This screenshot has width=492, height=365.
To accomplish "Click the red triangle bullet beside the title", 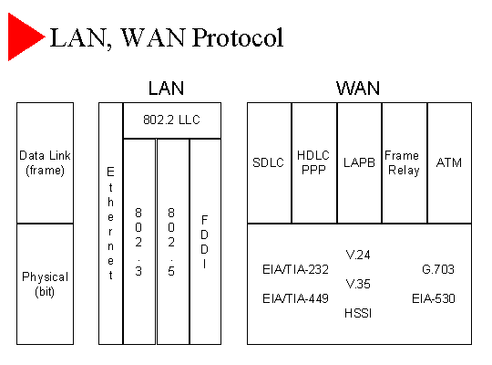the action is coord(24,36).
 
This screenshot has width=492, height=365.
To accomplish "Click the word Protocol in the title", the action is coord(238,37).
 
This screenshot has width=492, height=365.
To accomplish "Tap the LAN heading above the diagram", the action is coord(166,88).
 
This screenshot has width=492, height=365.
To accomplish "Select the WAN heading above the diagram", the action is coord(358,88).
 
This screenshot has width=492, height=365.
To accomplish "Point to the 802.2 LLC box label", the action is coord(171,120).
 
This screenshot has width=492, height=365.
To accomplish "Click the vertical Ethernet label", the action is coord(110,224).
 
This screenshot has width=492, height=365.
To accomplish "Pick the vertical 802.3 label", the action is coord(138,242).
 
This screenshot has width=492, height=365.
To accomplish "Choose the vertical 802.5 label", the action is coord(171,242).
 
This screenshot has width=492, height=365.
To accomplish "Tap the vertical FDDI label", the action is coord(204,242).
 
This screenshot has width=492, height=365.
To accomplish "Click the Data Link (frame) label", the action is coord(45,162).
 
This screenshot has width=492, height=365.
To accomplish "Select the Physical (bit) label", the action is coord(45,284).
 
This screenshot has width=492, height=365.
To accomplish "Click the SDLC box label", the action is coord(268,162).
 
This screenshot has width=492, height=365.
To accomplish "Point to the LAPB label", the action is coord(359,162).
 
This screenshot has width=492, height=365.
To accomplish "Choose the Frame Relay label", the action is coord(403,162).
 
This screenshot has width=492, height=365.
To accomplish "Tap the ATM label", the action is coord(449,162).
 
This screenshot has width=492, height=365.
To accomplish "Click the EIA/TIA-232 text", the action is coord(295,269).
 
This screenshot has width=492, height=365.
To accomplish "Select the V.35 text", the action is coord(358,284).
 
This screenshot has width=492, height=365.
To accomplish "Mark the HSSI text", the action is coord(358,313).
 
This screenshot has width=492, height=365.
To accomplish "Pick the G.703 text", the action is coord(438,269).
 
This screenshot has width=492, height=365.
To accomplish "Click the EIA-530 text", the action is coord(434,298).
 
